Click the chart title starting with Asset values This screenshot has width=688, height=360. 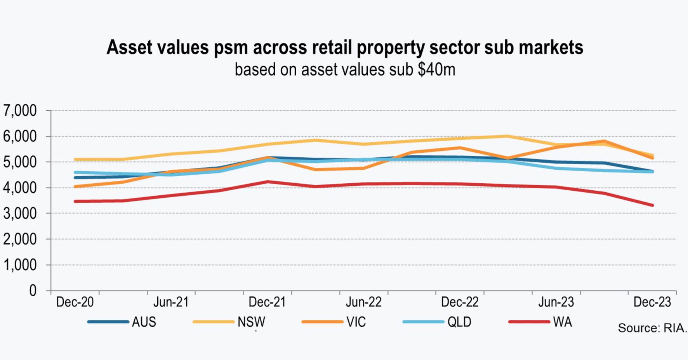click(x=345, y=47)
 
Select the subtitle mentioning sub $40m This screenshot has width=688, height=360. click(x=345, y=70)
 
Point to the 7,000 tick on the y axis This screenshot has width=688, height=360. click(x=20, y=111)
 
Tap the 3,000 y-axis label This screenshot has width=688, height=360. click(x=20, y=214)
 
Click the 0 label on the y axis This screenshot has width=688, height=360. click(x=33, y=291)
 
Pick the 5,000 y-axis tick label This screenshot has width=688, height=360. click(x=20, y=162)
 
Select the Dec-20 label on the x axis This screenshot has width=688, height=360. click(x=75, y=302)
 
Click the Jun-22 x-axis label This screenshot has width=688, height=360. click(x=364, y=302)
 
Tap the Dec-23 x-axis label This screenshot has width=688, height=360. click(x=652, y=302)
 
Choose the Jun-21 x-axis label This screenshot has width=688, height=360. click(x=171, y=302)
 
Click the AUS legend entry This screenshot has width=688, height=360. click(x=144, y=322)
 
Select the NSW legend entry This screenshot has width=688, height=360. click(x=251, y=322)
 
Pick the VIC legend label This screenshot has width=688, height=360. click(x=356, y=322)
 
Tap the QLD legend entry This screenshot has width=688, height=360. click(x=459, y=322)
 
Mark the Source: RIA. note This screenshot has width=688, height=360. click(x=652, y=328)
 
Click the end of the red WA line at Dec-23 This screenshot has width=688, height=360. click(x=652, y=205)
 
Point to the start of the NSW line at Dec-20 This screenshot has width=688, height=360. click(x=75, y=160)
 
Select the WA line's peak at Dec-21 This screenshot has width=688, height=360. click(x=268, y=182)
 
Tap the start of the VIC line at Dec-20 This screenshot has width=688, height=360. click(x=75, y=187)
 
